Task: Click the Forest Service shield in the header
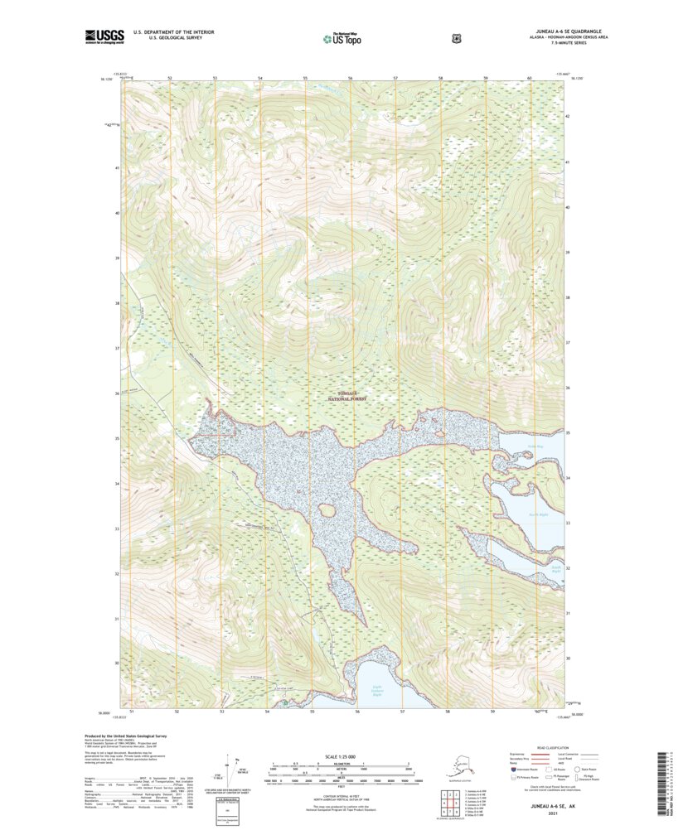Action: click(455, 37)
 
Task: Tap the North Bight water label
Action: click(540, 514)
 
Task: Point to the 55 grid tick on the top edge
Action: click(305, 78)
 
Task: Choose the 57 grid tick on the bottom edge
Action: click(402, 712)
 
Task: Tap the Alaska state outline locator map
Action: click(455, 763)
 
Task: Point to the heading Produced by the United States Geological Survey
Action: click(133, 735)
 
